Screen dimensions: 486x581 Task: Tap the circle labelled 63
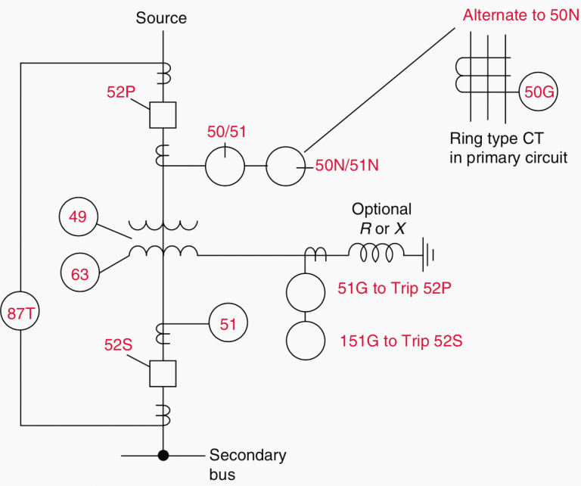pos(79,273)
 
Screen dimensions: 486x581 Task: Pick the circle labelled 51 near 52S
pos(228,324)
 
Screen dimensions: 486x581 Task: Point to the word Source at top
pos(161,17)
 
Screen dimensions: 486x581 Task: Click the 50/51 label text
pos(225,131)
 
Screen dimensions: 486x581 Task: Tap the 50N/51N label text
pos(346,165)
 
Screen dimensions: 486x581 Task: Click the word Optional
pos(381,209)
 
